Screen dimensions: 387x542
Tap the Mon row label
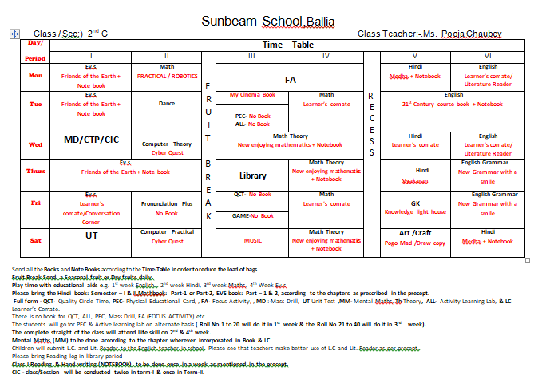[36, 76]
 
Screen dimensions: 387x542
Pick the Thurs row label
[36, 172]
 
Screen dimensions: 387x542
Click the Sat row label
[36, 239]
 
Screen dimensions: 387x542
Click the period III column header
[251, 57]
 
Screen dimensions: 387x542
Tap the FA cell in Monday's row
[290, 80]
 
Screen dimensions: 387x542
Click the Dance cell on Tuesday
[167, 104]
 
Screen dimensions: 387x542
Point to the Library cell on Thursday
[252, 176]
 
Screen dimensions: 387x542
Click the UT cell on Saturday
[91, 236]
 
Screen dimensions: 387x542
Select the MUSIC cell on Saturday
[252, 240]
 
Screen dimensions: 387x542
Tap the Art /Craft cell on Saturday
[416, 233]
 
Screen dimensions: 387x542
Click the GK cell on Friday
[415, 203]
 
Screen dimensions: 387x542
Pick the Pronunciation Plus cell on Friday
[167, 203]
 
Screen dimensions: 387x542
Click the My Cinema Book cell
[252, 95]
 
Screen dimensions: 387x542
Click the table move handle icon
[14, 33]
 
